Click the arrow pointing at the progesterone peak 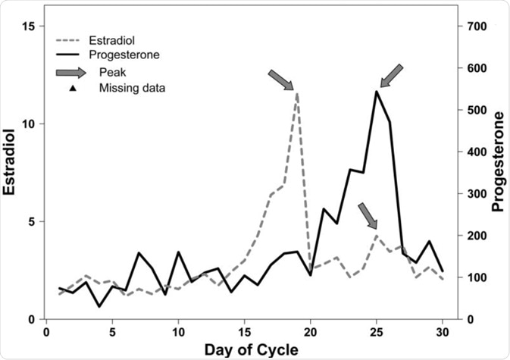pyautogui.click(x=391, y=76)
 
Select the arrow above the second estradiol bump pyautogui.click(x=368, y=215)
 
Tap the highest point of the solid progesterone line pyautogui.click(x=376, y=92)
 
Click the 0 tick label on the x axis pyautogui.click(x=47, y=331)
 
